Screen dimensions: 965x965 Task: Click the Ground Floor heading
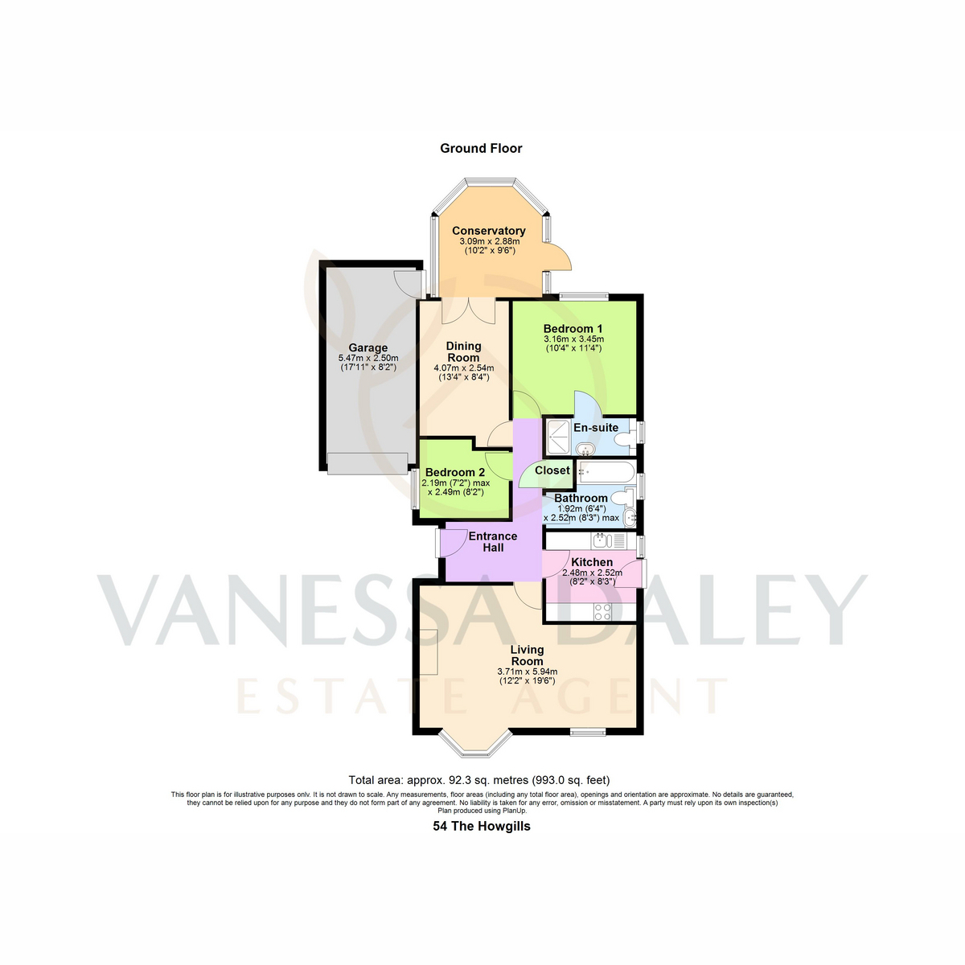tap(481, 148)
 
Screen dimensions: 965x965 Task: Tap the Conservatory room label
tap(488, 231)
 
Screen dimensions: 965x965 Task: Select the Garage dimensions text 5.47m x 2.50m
tap(368, 358)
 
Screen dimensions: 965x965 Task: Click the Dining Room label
tap(463, 351)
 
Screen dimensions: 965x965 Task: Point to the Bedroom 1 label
tap(573, 329)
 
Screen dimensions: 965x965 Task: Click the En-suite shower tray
tap(558, 437)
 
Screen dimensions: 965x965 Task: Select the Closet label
tap(552, 470)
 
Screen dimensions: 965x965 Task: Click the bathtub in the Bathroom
tap(606, 472)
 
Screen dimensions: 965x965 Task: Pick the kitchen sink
tap(610, 541)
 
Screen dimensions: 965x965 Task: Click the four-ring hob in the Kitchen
tap(602, 611)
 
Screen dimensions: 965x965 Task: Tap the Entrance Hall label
tap(493, 542)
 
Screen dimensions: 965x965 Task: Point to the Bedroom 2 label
tap(454, 472)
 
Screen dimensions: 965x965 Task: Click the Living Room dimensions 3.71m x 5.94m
tap(528, 671)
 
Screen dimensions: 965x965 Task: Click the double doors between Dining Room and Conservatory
tap(468, 311)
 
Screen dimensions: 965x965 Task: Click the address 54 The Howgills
tap(481, 826)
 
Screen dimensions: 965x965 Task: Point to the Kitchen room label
tap(592, 562)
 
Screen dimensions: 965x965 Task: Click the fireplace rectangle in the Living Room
tap(429, 651)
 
